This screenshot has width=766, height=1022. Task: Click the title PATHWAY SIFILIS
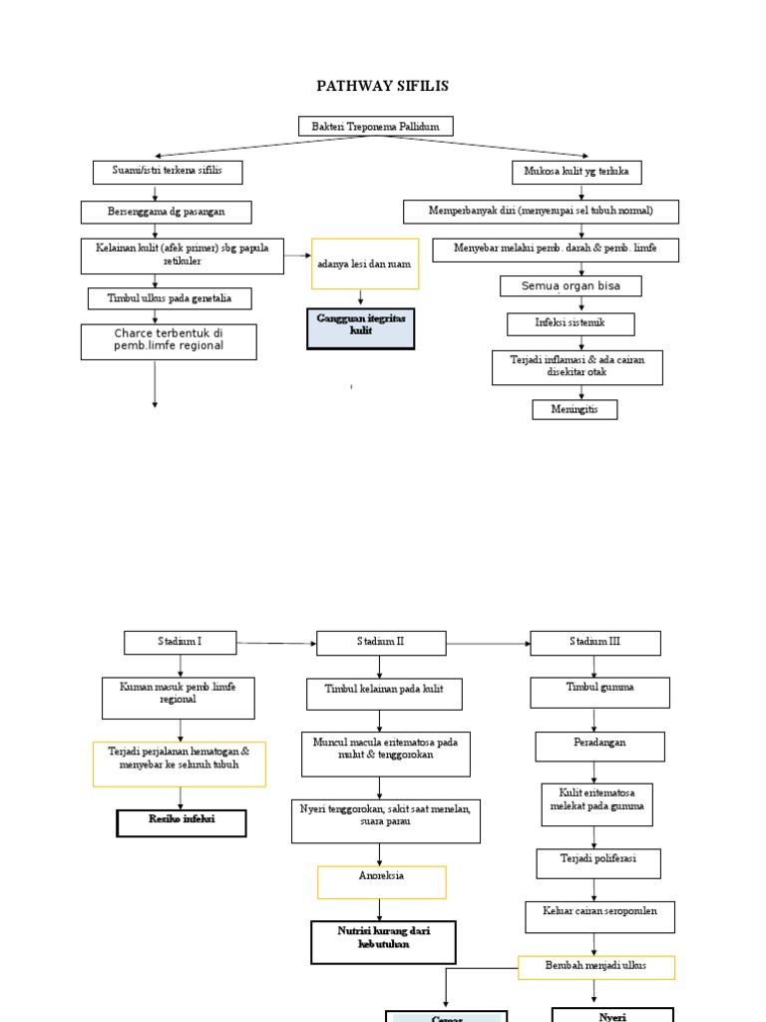pos(382,86)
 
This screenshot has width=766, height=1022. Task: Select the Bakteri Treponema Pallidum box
pos(376,126)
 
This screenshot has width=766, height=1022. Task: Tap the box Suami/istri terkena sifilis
pos(168,172)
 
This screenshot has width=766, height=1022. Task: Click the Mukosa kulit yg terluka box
pos(576,172)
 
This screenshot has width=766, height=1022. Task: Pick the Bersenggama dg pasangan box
pos(167,212)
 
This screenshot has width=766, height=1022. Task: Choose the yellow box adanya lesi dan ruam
pos(365,264)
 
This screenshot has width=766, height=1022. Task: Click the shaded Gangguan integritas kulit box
pos(360,328)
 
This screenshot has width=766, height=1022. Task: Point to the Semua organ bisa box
pos(571,286)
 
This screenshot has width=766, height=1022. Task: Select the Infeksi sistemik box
pos(571,323)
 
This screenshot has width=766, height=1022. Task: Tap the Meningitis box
pos(574,409)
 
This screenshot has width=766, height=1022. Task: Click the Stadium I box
pos(181,642)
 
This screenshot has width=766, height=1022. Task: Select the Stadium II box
pos(380,642)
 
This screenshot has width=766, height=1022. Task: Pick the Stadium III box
pos(594,642)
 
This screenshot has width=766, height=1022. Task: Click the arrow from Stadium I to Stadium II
pos(276,644)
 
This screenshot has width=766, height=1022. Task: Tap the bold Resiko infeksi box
pos(182,822)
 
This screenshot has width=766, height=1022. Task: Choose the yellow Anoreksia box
pos(381,882)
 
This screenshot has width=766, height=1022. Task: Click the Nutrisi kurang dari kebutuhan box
pos(383,942)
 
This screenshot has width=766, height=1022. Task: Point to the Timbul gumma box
pos(599,692)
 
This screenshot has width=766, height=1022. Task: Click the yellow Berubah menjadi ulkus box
pos(595,967)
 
